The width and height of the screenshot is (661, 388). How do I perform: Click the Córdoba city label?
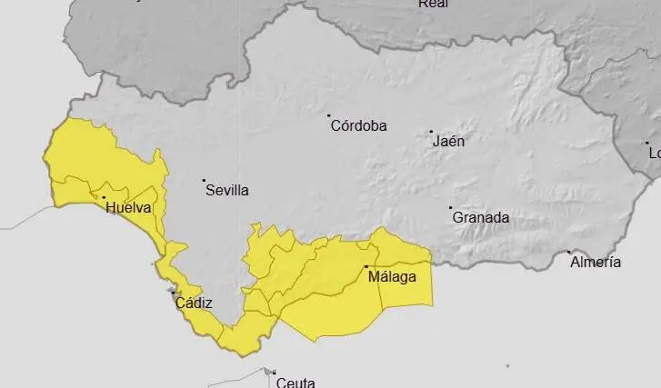click(x=358, y=126)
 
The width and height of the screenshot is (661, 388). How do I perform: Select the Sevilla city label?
click(x=226, y=191)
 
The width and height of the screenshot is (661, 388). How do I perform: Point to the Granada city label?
click(x=480, y=218)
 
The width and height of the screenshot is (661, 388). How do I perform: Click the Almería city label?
click(x=596, y=263)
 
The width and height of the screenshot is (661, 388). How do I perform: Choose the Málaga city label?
click(x=393, y=277)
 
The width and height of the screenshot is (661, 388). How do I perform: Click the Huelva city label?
click(x=128, y=208)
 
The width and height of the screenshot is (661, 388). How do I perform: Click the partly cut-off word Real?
click(x=433, y=4)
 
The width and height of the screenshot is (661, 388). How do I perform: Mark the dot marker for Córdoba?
click(x=329, y=115)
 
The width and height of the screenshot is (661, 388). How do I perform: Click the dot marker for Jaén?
click(x=431, y=132)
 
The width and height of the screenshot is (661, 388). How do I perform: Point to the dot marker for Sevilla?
click(x=204, y=181)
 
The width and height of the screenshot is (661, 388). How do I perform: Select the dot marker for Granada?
click(x=450, y=208)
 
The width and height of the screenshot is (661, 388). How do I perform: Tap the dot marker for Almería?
click(x=569, y=252)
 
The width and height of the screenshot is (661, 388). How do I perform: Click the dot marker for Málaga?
click(x=366, y=266)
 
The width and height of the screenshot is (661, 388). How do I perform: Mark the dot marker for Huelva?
click(x=104, y=197)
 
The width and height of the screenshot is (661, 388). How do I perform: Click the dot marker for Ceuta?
click(x=273, y=372)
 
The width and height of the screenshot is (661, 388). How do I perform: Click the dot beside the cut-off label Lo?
click(x=647, y=143)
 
